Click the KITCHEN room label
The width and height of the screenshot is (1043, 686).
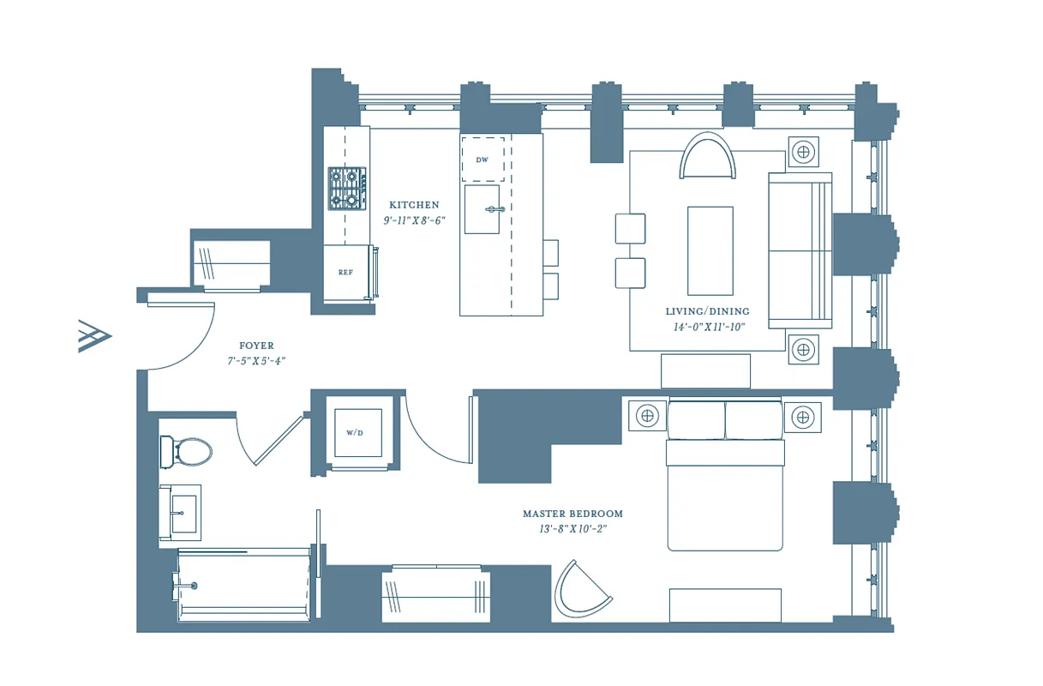point(414,205)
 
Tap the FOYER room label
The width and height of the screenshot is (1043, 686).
point(256,346)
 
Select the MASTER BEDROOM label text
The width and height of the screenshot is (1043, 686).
point(572,514)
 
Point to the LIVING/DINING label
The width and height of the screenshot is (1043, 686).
point(707,311)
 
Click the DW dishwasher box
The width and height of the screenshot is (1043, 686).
point(483,159)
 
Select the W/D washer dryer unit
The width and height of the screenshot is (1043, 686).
point(354,433)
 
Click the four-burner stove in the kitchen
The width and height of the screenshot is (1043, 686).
point(347,189)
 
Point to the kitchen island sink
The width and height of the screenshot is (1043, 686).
point(484,209)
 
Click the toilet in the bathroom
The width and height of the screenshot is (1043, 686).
point(187,451)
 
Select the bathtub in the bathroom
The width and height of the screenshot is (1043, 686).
point(243,586)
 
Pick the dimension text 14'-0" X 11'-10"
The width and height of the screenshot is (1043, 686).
point(709,327)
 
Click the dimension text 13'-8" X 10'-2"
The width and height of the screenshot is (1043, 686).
point(572,529)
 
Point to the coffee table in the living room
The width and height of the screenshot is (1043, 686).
point(710,250)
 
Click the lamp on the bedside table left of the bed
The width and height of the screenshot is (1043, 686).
point(647,417)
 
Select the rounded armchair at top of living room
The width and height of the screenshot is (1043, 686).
point(708,157)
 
